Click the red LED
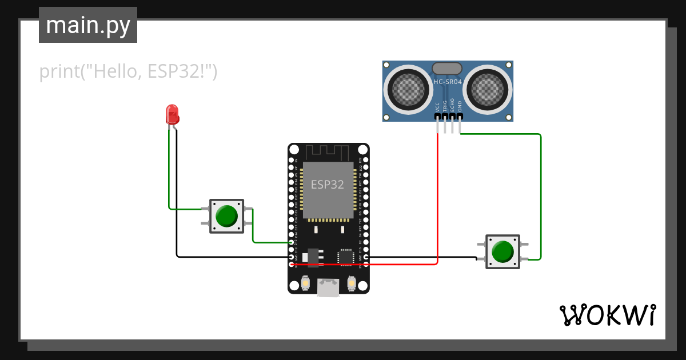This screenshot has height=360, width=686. [x=171, y=114]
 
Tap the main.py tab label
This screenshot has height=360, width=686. [x=88, y=25]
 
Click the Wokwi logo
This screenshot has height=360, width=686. [x=607, y=315]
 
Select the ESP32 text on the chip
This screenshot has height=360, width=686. [x=328, y=185]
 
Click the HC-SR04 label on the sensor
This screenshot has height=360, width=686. [x=448, y=82]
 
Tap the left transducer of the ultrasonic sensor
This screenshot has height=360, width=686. [x=409, y=89]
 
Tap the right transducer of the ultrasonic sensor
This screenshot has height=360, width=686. [x=488, y=89]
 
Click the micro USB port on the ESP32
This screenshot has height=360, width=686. [x=328, y=288]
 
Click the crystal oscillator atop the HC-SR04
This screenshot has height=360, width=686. [x=447, y=69]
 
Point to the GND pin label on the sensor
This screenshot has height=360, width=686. [x=460, y=106]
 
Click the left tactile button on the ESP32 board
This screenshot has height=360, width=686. [x=305, y=283]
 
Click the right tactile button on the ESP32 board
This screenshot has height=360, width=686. [x=352, y=283]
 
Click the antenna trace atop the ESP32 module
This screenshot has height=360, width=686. [x=328, y=153]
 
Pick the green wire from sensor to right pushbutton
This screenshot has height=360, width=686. [x=540, y=194]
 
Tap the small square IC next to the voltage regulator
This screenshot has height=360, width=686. [x=346, y=257]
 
